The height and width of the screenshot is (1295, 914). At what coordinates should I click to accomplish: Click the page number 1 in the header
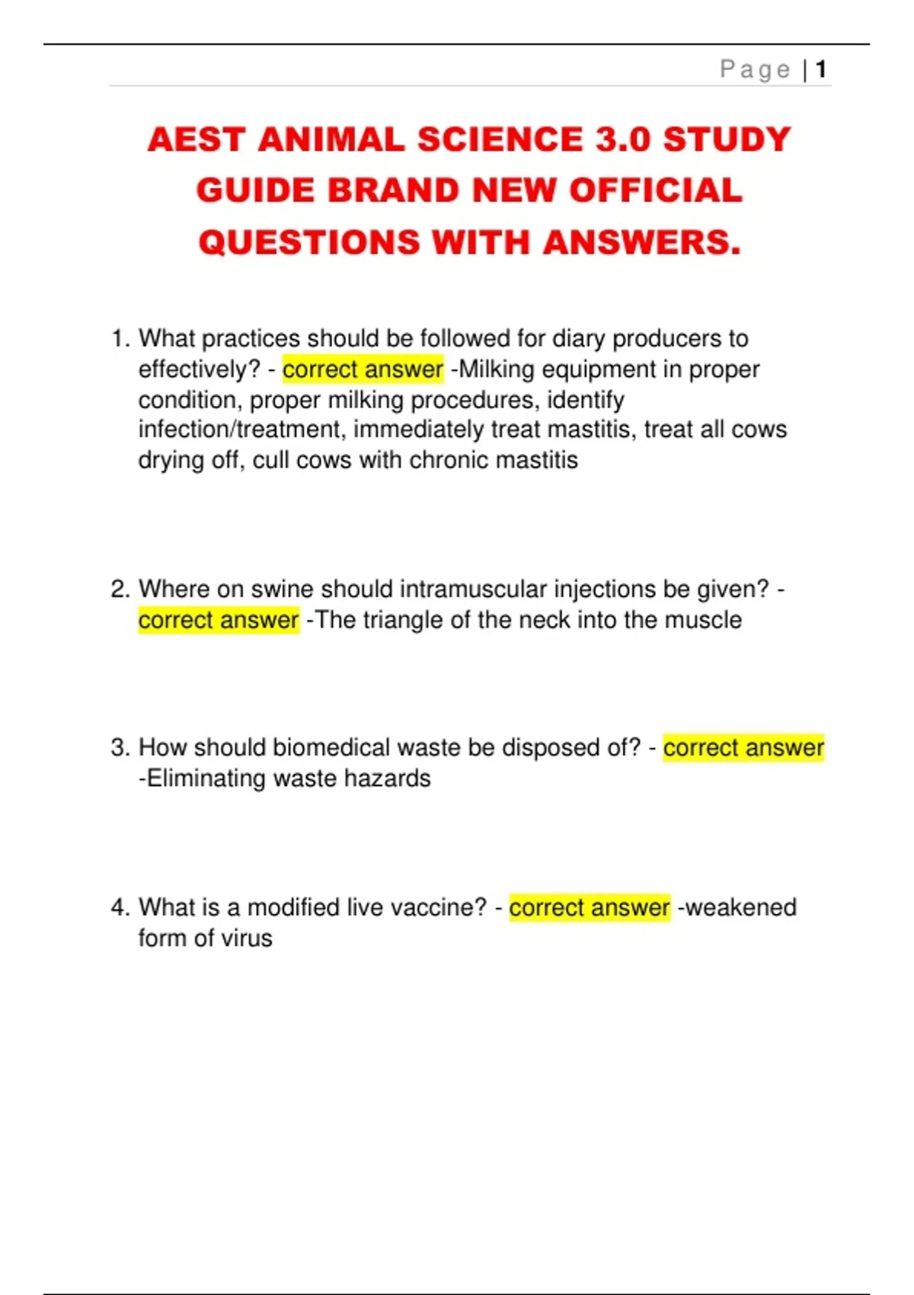(x=820, y=70)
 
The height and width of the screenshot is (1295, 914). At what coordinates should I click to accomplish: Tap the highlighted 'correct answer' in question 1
(x=363, y=369)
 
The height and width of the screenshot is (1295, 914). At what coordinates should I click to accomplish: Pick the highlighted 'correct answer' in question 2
(x=219, y=620)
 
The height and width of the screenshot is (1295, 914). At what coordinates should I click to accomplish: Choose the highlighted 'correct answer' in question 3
(x=743, y=748)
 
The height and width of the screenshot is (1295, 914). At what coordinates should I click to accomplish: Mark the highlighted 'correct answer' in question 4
(x=590, y=908)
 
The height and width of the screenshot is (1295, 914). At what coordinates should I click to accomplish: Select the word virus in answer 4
(x=246, y=938)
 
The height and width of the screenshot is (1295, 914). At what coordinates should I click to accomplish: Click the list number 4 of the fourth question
(x=119, y=908)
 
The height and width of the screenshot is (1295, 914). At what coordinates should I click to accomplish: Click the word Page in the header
(x=755, y=70)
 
